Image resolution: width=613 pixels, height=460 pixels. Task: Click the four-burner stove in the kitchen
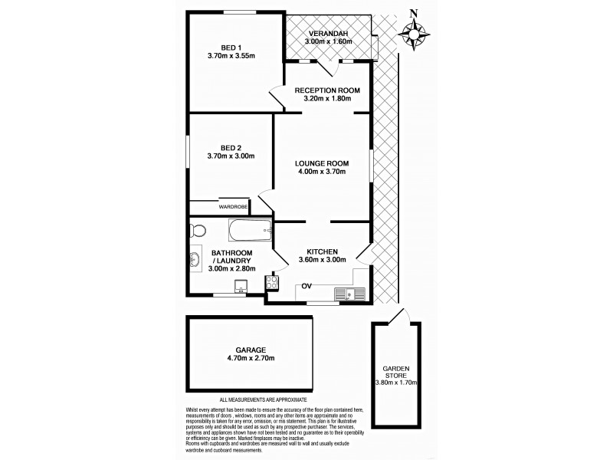pos(271,284)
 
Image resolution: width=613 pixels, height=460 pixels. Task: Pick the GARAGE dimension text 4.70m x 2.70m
pos(251,358)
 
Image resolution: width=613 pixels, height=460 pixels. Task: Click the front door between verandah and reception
pos(325,67)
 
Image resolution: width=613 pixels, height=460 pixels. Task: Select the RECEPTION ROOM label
pos(327,90)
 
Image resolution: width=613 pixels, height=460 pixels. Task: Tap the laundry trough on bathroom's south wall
pos(241,288)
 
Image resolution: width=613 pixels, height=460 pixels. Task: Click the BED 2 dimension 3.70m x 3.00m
pos(230,156)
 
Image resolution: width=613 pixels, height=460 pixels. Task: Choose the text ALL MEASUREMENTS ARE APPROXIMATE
pos(263,399)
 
